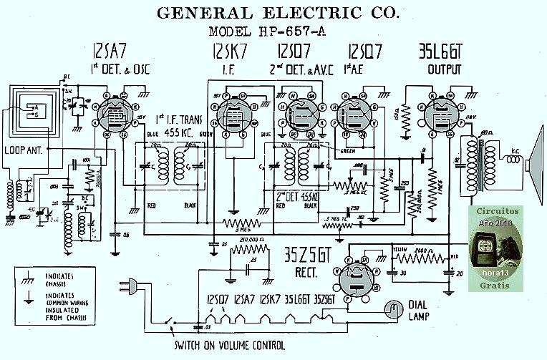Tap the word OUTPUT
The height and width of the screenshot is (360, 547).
tap(445, 70)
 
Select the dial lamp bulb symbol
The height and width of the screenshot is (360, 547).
tap(390, 308)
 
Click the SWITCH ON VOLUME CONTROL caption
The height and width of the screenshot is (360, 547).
tap(229, 345)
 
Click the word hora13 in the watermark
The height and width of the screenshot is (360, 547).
tap(497, 276)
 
